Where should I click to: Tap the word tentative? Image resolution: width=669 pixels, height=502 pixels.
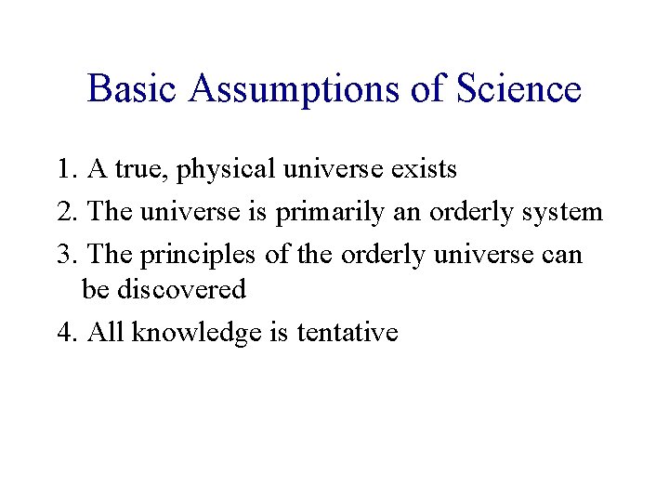(x=348, y=332)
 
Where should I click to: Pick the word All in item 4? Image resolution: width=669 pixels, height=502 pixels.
(x=106, y=332)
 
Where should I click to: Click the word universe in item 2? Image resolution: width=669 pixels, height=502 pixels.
(x=193, y=212)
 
